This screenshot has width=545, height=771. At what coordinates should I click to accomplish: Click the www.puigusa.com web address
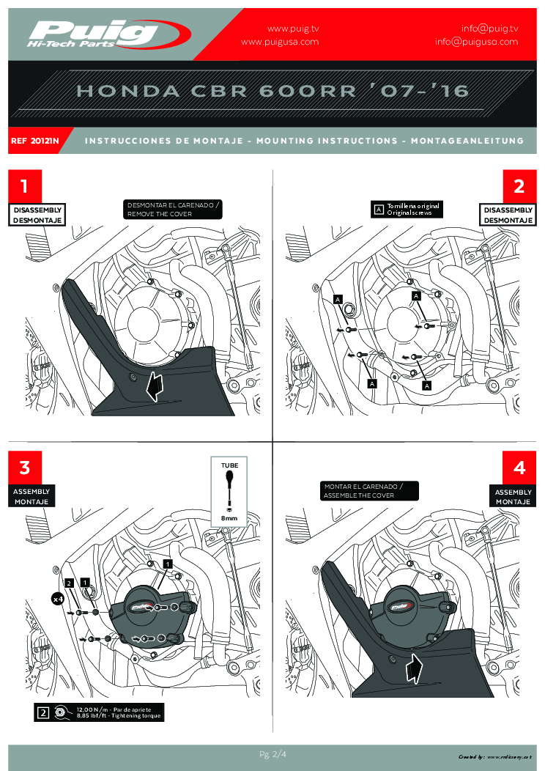[x=280, y=42]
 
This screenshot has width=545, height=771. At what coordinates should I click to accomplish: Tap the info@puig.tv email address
[x=489, y=28]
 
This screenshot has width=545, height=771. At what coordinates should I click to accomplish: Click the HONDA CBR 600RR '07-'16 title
[x=272, y=91]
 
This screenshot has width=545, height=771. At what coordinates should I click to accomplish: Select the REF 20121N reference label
[x=35, y=140]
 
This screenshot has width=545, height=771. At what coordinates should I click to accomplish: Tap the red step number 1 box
[x=25, y=186]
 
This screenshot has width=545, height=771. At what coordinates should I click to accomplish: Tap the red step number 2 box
[x=519, y=186]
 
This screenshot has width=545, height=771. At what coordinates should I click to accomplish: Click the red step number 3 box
[x=25, y=468]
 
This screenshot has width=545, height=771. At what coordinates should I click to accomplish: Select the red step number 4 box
[x=519, y=468]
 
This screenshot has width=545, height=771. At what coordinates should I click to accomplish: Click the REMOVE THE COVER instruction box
[x=173, y=210]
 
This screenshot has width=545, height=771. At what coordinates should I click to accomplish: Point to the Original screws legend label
[x=413, y=210]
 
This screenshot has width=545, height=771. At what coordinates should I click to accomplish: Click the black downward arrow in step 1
[x=154, y=386]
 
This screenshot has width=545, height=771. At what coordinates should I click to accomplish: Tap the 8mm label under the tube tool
[x=229, y=518]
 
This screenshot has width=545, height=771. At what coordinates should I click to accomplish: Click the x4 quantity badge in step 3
[x=56, y=599]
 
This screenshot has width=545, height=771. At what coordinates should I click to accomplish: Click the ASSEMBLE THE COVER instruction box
[x=371, y=491]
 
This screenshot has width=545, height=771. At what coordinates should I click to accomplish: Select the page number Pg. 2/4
[x=272, y=753]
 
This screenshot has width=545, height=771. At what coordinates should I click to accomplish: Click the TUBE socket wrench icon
[x=229, y=484]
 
